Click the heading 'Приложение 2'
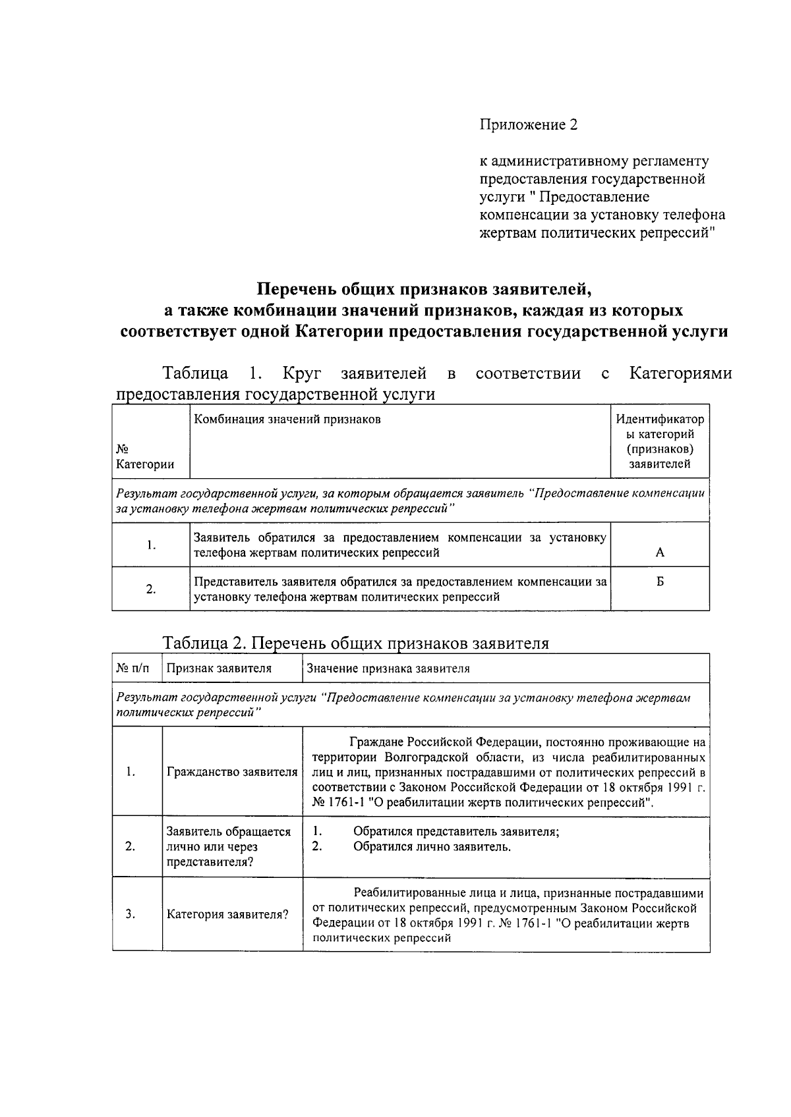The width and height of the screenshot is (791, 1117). (528, 125)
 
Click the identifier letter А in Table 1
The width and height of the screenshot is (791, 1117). (660, 553)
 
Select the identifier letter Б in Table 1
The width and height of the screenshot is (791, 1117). (660, 582)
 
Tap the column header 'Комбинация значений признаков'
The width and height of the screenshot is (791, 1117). (287, 420)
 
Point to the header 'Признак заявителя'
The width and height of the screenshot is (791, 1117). (219, 668)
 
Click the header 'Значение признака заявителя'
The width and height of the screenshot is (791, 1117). (388, 668)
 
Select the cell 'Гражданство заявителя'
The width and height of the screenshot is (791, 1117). (232, 772)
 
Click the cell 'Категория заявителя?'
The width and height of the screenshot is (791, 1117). (227, 915)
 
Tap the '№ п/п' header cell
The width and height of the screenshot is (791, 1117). (132, 668)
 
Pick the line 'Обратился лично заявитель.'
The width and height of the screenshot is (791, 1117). (432, 847)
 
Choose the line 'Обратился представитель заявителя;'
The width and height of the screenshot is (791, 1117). (456, 831)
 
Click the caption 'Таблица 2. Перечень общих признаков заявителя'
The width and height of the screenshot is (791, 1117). (355, 643)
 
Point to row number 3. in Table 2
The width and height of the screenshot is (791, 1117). (131, 914)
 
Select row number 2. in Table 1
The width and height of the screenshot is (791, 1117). (151, 589)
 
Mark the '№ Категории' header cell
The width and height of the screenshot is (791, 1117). (145, 456)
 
